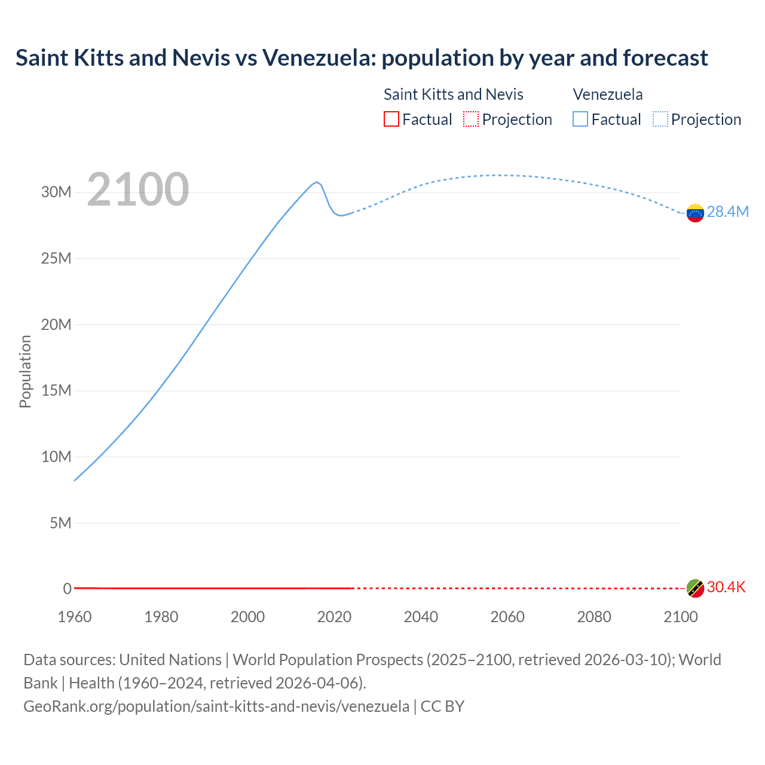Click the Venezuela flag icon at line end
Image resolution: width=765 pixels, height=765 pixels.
click(695, 213)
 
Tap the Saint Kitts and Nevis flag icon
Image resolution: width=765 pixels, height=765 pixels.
click(695, 588)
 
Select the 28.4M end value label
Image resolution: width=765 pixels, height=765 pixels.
click(727, 212)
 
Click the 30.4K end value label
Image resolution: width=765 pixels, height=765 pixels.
click(726, 587)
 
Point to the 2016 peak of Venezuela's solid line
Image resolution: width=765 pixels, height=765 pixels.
click(317, 182)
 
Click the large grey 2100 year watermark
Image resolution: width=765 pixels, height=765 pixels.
click(138, 189)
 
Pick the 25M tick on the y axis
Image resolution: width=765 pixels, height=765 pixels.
click(56, 258)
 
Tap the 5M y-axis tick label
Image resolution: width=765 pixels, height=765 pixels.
click(60, 523)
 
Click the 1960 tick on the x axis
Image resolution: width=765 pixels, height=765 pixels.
click(75, 617)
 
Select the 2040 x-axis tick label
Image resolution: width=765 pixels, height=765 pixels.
click(421, 617)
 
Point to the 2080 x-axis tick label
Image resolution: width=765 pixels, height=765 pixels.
click(594, 617)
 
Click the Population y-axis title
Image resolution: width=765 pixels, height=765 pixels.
click(25, 371)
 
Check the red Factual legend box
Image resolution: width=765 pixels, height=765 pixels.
click(391, 120)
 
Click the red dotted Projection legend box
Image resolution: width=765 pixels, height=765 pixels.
click(471, 120)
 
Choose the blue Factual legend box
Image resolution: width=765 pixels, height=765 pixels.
click(580, 120)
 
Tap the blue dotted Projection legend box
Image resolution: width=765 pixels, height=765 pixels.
click(660, 120)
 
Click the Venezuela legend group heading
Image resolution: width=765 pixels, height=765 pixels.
click(608, 94)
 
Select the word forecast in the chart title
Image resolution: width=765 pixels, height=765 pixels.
click(665, 58)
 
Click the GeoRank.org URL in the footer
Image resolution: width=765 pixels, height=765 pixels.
click(216, 706)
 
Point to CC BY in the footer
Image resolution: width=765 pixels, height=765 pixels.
click(442, 706)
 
